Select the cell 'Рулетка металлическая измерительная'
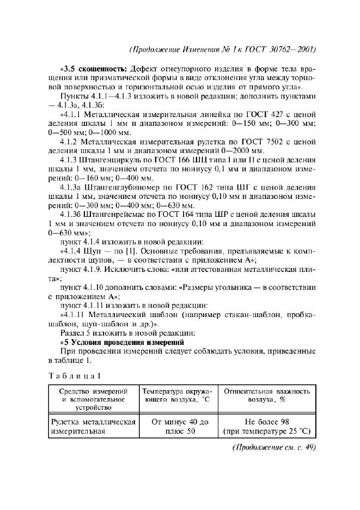(x=93, y=427)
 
